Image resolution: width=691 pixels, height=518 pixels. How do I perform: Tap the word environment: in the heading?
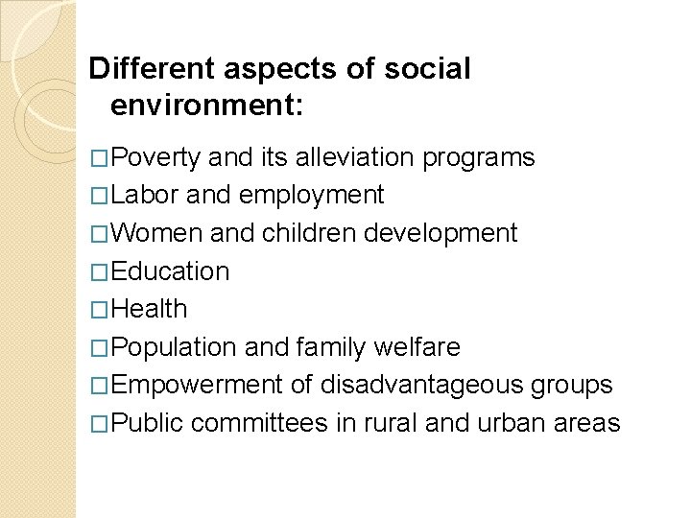pyautogui.click(x=206, y=105)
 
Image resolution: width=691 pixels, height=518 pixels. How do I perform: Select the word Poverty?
pyautogui.click(x=155, y=157)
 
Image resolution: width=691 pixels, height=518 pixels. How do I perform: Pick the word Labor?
pyautogui.click(x=144, y=195)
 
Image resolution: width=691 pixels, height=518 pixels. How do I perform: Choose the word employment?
pyautogui.click(x=311, y=196)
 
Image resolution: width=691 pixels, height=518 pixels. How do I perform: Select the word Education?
pyautogui.click(x=170, y=271)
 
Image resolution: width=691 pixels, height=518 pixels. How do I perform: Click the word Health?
pyautogui.click(x=149, y=309)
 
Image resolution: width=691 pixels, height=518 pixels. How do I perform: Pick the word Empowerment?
pyautogui.click(x=198, y=386)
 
